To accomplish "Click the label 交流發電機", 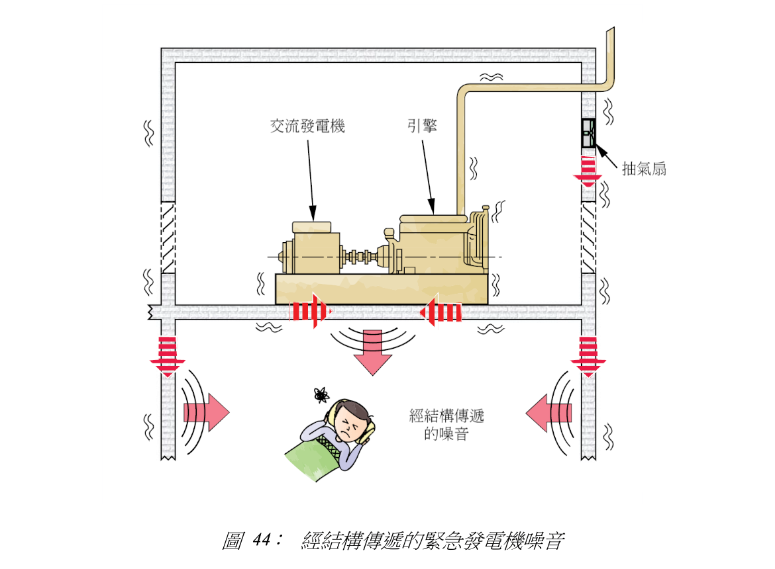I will pos(307,126).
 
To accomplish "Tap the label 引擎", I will pos(422,126).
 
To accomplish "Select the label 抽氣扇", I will pos(643,169).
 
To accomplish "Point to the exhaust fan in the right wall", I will pos(588,133).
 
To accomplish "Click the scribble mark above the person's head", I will pos(321,395).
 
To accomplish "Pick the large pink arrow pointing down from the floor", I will pos(373,355).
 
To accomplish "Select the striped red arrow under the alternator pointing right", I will pos(310,311).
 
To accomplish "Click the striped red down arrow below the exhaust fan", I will pos(588,168).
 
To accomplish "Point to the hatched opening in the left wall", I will pos(168,237).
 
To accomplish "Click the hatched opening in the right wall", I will pos(588,237).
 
